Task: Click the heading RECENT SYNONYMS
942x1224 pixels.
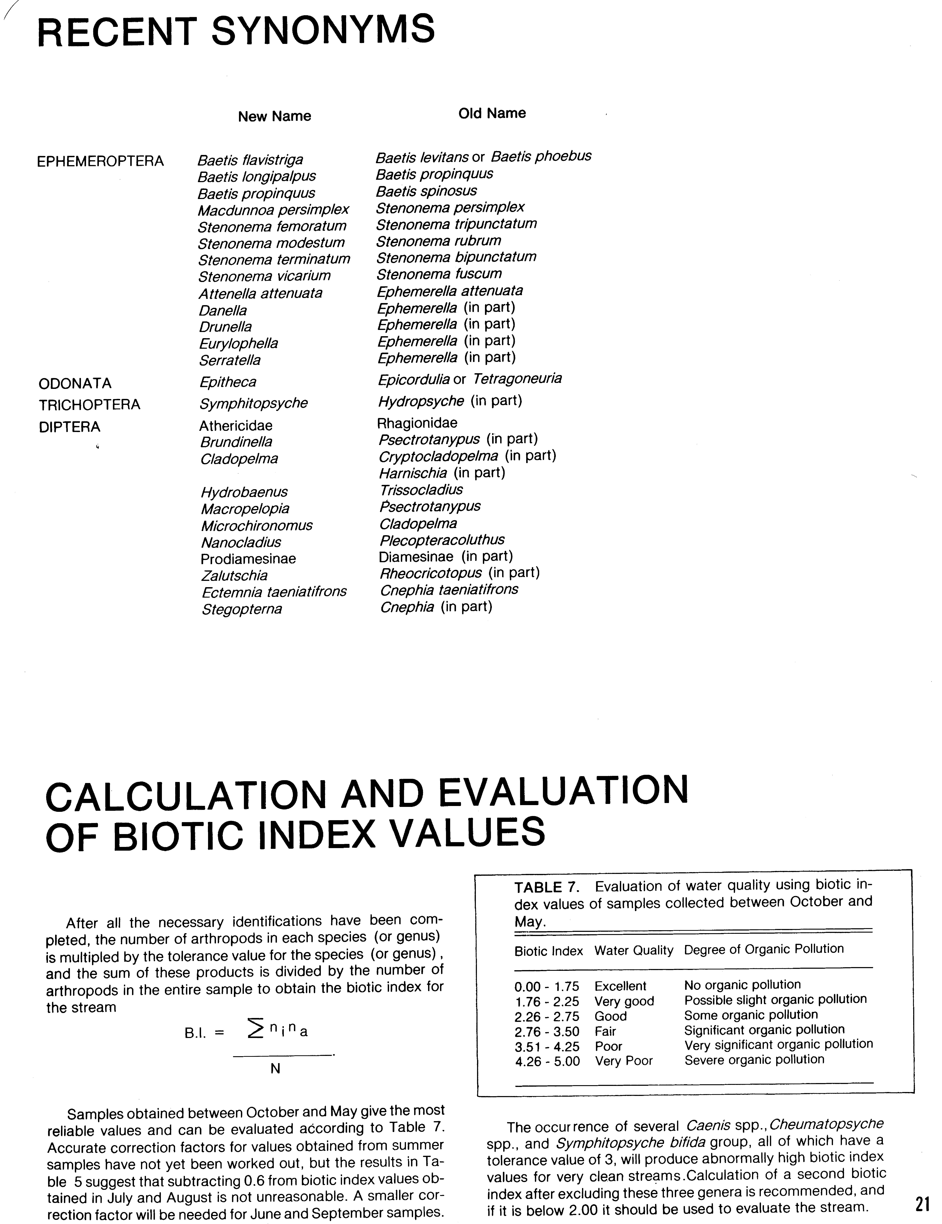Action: coord(236,31)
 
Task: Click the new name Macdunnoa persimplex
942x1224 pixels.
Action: coord(273,210)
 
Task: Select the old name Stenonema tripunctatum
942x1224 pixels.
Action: coord(456,224)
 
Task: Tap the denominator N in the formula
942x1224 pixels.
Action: coord(275,1069)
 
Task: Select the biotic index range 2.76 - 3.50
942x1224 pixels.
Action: coord(547,1031)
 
